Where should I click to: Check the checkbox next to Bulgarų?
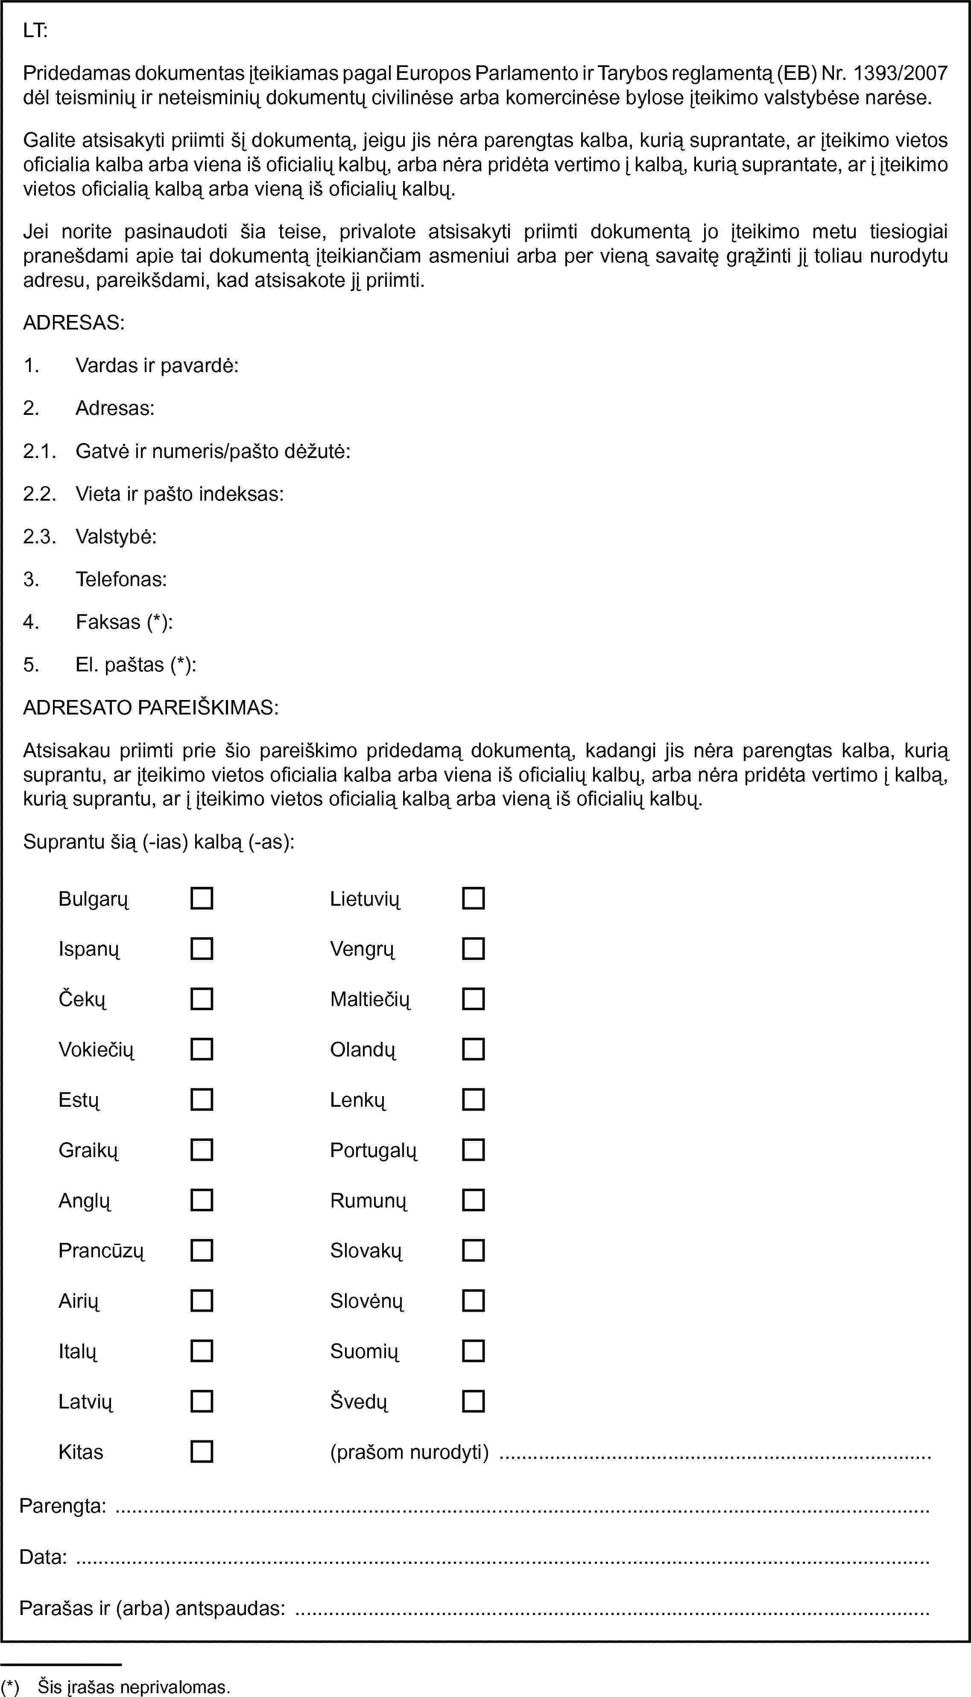202,898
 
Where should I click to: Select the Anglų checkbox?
202,1200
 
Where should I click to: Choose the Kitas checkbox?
202,1452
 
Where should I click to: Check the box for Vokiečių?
202,1049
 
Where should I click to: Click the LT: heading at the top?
35,30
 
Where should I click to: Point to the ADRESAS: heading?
73,323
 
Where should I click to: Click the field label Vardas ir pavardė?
157,365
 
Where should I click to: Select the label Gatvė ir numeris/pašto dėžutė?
213,451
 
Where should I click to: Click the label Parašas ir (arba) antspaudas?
152,1608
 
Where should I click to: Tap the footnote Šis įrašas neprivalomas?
133,1687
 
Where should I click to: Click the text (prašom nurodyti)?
409,1452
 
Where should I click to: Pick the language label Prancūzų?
101,1251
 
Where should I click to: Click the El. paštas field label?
135,665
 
